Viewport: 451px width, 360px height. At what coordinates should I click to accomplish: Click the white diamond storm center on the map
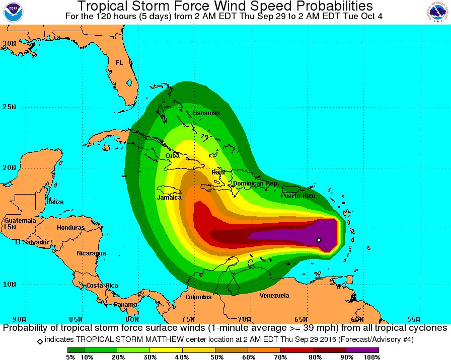(x=319, y=240)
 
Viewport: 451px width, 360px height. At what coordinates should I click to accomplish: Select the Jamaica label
(x=169, y=198)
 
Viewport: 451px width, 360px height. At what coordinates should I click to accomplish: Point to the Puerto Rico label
(x=298, y=196)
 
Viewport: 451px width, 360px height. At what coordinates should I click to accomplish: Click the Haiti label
(x=218, y=172)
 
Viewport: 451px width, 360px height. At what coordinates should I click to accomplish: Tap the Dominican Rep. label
(x=255, y=184)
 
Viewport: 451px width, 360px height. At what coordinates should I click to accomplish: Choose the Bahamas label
(x=206, y=113)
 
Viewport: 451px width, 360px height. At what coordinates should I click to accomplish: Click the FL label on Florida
(x=119, y=63)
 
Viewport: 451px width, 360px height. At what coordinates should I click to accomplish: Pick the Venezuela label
(x=274, y=296)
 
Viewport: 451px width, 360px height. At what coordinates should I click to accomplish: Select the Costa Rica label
(x=102, y=286)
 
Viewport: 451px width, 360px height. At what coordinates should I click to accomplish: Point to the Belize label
(x=55, y=202)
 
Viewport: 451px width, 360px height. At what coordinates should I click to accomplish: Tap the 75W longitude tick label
(x=188, y=319)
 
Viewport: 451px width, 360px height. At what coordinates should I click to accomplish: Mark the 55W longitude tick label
(x=413, y=319)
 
